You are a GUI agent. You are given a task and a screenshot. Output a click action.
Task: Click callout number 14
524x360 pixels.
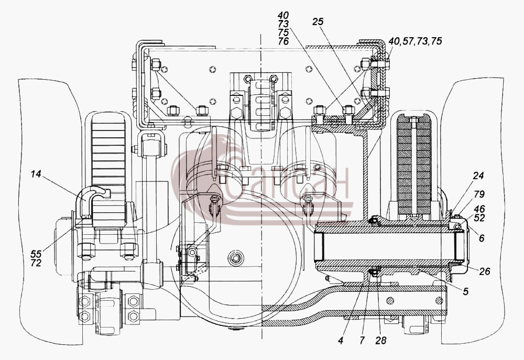[x=36, y=174]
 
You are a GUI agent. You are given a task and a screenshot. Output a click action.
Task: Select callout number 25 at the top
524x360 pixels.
[x=318, y=21]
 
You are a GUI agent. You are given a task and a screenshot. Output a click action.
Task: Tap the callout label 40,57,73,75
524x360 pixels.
[x=415, y=41]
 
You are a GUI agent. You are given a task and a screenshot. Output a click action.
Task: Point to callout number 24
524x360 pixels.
[x=478, y=176]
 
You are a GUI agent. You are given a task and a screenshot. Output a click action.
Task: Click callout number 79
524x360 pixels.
[x=479, y=194]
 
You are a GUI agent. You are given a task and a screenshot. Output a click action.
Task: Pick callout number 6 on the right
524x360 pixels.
[x=481, y=238]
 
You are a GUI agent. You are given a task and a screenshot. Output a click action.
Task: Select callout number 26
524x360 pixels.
[x=484, y=271]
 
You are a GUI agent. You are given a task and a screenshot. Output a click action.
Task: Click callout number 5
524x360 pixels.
[x=465, y=291]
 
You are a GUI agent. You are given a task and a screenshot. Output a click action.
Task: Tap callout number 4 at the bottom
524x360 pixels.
[x=341, y=341]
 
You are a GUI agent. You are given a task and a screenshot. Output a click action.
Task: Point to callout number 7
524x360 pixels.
[x=362, y=341]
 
